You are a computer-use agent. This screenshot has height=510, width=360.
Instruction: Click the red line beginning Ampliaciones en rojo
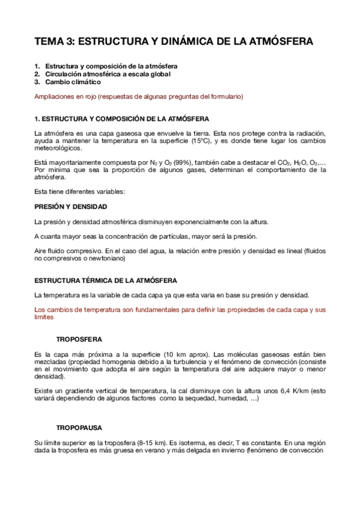point(139,97)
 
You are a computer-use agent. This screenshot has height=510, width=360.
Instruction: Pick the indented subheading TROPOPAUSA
point(79,428)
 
